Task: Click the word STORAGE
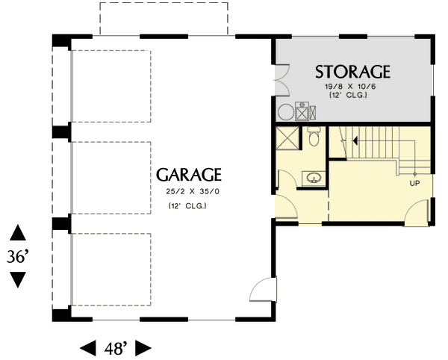(x=352, y=72)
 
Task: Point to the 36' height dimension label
(x=18, y=256)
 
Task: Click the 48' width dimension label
(x=115, y=347)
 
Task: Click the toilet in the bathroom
(x=314, y=137)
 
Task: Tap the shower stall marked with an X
(x=287, y=138)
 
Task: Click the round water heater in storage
(x=287, y=113)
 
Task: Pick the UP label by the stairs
(x=414, y=182)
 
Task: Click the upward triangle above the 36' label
(x=18, y=232)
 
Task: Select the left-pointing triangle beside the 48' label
(x=87, y=347)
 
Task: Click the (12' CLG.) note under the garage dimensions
(x=187, y=205)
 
